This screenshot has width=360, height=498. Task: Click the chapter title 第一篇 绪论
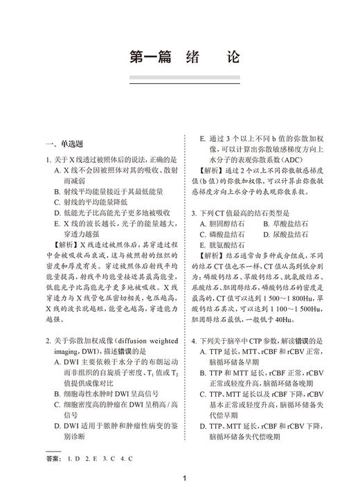click(180, 57)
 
